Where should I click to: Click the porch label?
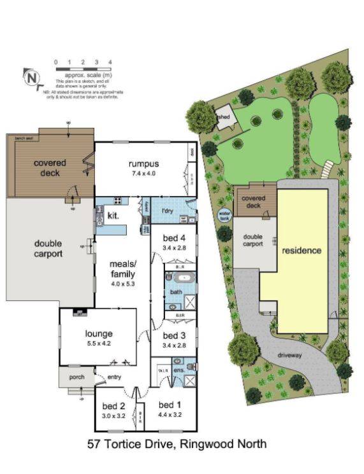point(76,377)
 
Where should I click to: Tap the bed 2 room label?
point(113,406)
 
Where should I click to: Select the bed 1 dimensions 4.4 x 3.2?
point(170,415)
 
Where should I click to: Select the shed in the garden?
point(224,119)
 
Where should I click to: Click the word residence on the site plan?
point(302,250)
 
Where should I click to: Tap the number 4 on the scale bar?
point(110,62)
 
